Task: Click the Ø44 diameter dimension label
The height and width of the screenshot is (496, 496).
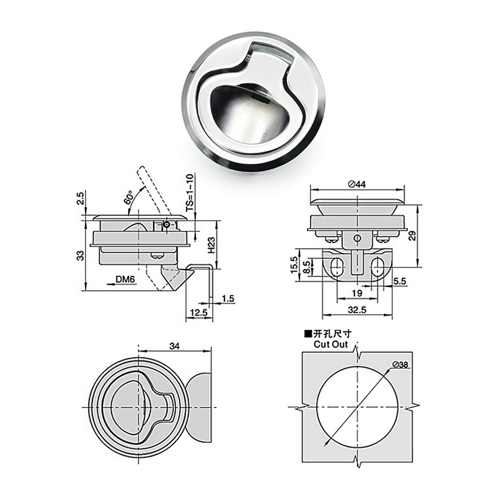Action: [x=358, y=184]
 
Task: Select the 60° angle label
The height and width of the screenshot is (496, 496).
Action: [x=129, y=198]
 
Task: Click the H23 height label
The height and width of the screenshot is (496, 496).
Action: [x=211, y=247]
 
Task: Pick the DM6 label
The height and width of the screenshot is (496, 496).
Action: [x=125, y=280]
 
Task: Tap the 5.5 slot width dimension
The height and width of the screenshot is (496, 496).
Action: [x=400, y=281]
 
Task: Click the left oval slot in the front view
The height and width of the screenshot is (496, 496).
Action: [x=335, y=267]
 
